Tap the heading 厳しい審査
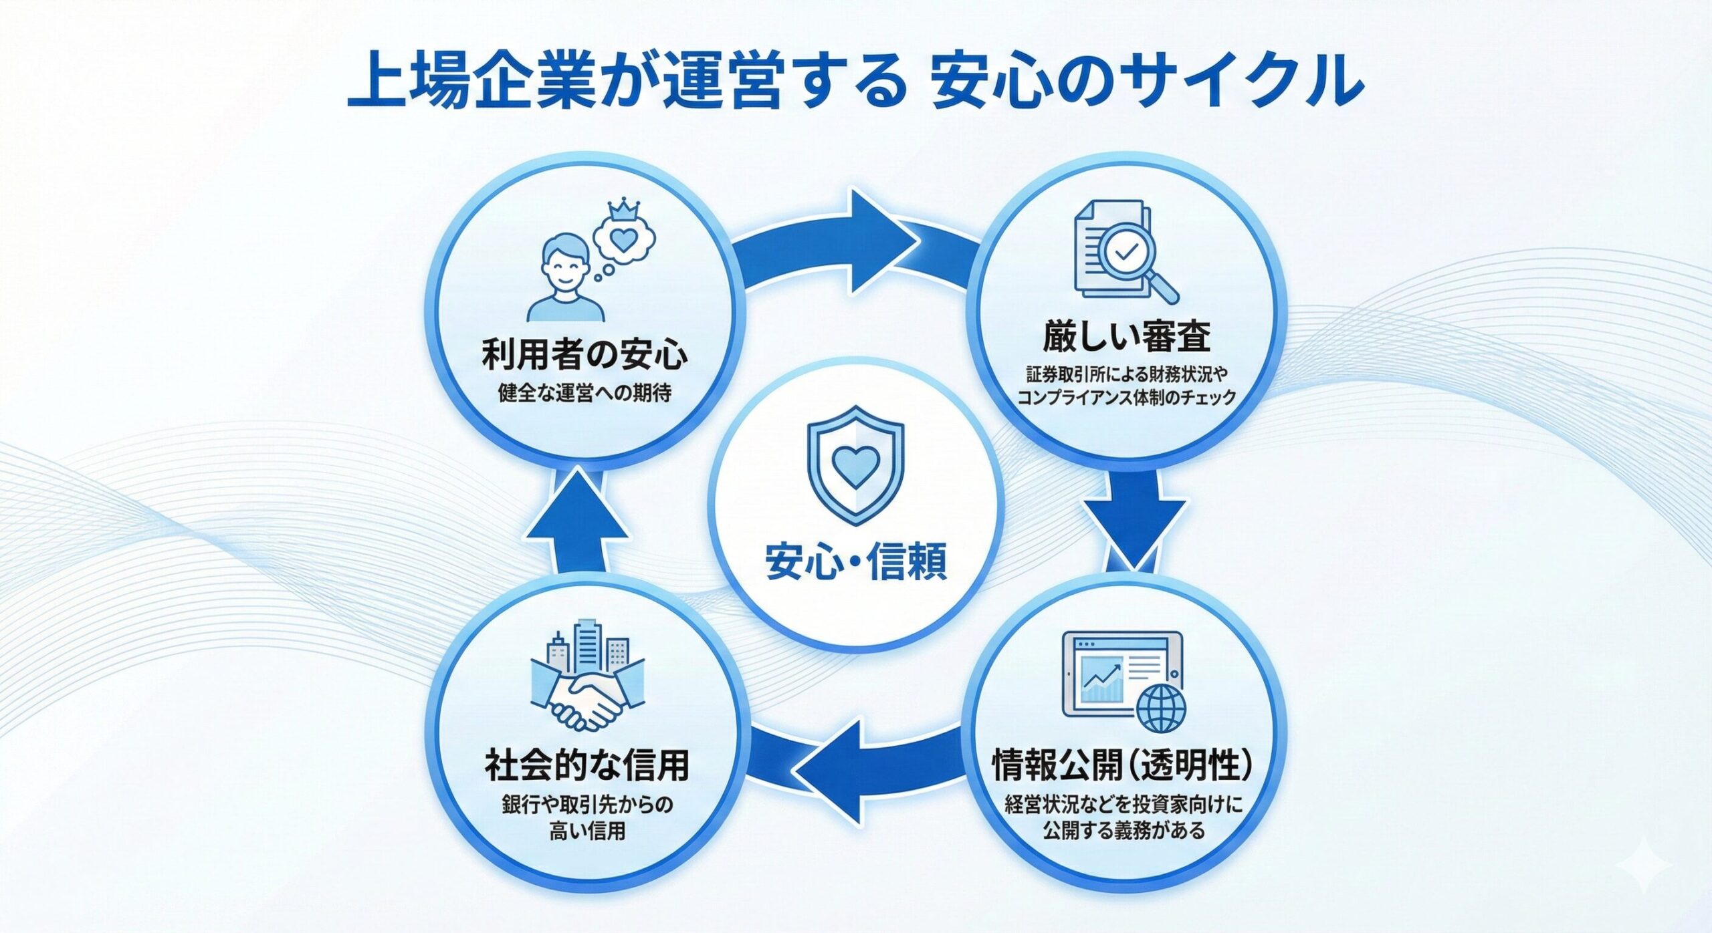point(1126,336)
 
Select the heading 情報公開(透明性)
point(1123,765)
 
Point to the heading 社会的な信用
point(586,765)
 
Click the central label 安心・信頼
point(856,561)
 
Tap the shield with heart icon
point(856,464)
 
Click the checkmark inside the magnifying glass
point(1127,251)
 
